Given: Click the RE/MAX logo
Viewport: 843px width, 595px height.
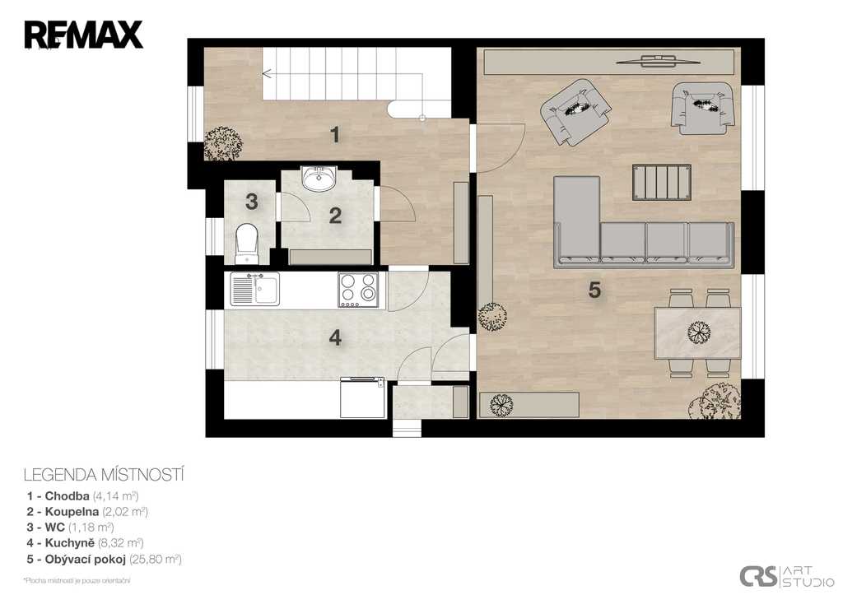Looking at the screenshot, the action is [83, 35].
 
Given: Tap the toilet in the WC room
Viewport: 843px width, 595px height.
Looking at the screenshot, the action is [247, 244].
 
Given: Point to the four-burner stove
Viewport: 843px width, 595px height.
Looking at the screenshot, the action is [358, 290].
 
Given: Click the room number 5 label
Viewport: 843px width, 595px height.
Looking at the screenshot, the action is [594, 291].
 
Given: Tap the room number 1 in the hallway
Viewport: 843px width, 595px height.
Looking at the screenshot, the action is [335, 134].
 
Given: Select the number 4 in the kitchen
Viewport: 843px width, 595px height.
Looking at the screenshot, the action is [335, 338].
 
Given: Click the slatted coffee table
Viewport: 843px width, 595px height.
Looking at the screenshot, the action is [662, 182].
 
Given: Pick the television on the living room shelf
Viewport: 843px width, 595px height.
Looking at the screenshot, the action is [659, 59].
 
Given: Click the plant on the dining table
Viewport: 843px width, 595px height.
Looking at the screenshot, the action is [699, 332].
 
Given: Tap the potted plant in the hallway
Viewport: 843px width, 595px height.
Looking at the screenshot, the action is [222, 143].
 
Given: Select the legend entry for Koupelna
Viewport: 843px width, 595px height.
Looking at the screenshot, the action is [87, 512].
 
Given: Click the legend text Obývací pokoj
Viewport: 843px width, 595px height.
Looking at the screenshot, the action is [86, 559].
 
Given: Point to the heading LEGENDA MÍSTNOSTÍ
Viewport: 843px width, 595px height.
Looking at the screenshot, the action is [104, 475].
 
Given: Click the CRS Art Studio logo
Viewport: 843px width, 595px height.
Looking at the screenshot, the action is [786, 576].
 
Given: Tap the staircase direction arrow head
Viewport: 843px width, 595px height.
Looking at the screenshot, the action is [265, 72].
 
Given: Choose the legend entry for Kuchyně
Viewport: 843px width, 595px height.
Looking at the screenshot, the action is [86, 543].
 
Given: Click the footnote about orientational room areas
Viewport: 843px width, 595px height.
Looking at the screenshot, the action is [77, 580].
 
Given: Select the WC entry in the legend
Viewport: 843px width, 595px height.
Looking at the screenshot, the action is [71, 528].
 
